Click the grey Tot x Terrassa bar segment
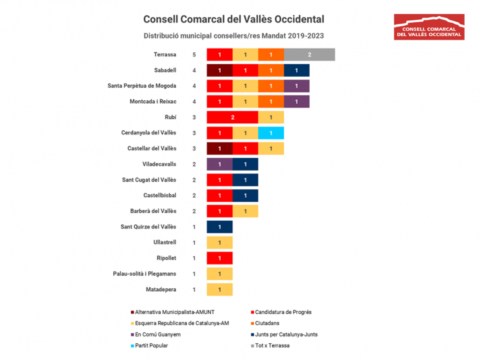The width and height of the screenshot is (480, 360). [x=309, y=55]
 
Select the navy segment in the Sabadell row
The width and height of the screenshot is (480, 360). [x=296, y=70]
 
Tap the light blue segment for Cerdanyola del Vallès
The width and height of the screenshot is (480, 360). [x=271, y=133]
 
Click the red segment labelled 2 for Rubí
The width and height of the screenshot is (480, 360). [x=232, y=118]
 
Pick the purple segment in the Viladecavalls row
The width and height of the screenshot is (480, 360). [x=220, y=164]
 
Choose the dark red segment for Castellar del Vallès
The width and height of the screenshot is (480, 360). [x=220, y=148]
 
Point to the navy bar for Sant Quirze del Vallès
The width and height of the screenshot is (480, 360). [x=220, y=227]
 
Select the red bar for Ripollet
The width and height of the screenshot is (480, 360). [x=220, y=258]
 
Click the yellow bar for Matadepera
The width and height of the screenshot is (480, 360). [x=220, y=290]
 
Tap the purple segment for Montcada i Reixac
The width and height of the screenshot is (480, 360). [x=296, y=102]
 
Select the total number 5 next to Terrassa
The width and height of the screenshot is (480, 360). [x=194, y=55]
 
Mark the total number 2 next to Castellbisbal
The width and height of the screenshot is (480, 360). [x=194, y=196]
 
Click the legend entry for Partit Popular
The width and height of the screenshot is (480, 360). [x=150, y=345]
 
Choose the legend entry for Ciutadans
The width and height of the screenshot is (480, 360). [x=271, y=323]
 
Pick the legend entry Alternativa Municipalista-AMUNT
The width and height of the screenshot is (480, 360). [x=176, y=312]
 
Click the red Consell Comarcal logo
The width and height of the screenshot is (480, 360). [x=429, y=27]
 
